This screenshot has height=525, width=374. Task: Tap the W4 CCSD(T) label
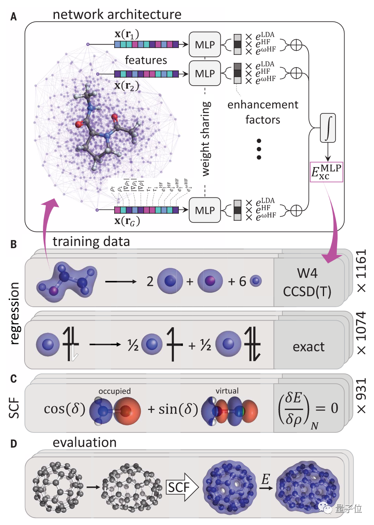309,282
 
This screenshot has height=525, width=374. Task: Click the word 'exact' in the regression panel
309,347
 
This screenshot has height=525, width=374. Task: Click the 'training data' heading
91,242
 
